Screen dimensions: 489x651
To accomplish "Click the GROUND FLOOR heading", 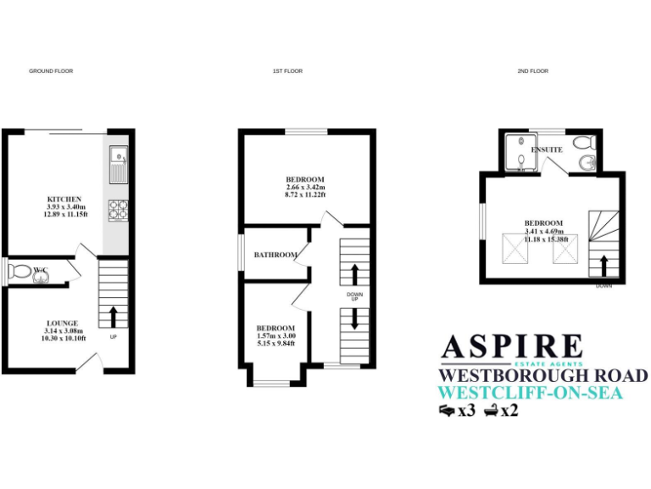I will tap(51, 71).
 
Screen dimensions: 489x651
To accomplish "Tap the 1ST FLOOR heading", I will tap(287, 71).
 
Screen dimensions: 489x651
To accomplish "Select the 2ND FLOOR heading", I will tap(533, 71).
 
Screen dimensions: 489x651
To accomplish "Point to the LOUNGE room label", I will tap(63, 323).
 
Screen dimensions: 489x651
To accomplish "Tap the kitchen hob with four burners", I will tap(118, 206).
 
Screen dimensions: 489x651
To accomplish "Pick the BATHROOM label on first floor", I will tap(275, 255).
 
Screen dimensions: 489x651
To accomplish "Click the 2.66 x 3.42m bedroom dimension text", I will tap(305, 188).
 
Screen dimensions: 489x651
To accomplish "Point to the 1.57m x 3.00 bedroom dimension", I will tap(275, 336).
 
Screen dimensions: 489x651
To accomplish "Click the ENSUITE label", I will tap(547, 149).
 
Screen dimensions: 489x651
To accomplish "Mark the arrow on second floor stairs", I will tap(604, 267).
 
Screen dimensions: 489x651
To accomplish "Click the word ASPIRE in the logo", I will tap(511, 346).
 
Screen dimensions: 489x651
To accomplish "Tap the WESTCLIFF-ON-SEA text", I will tap(530, 393).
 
